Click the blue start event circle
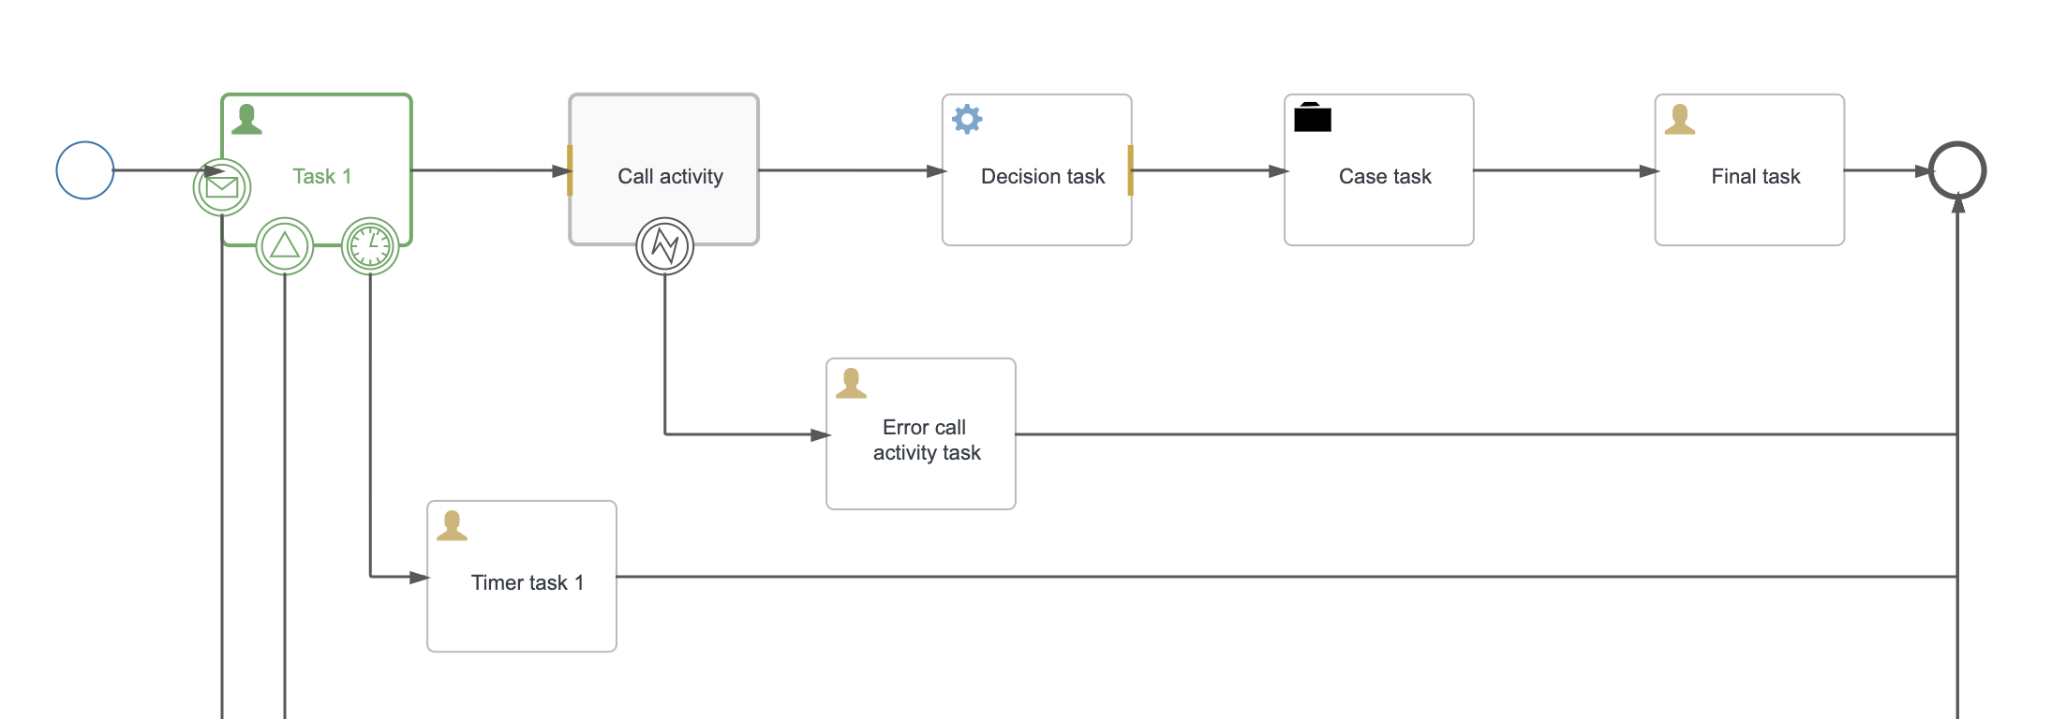point(85,170)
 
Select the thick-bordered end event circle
point(1957,170)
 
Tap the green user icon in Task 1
point(246,119)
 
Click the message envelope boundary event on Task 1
point(222,187)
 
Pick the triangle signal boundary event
point(285,246)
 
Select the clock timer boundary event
point(370,246)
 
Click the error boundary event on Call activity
point(664,246)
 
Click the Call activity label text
point(670,176)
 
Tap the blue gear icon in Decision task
point(967,119)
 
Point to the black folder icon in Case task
point(1312,118)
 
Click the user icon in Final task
point(1680,119)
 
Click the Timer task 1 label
point(527,582)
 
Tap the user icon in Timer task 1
point(452,525)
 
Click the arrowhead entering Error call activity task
point(820,434)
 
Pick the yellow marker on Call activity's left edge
point(570,170)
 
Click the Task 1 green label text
point(321,176)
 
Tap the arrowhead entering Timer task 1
point(420,577)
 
